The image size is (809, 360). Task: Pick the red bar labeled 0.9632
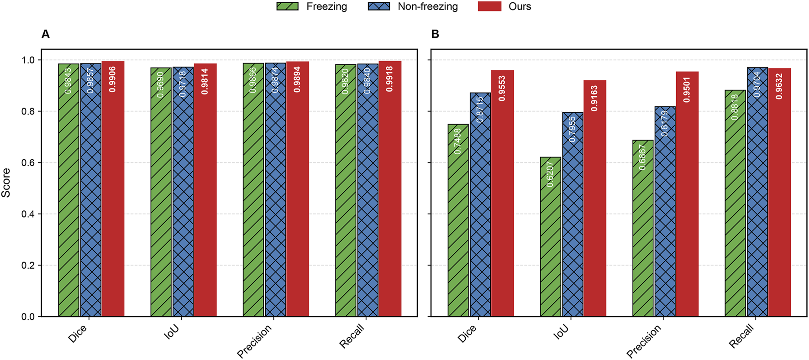tap(780, 192)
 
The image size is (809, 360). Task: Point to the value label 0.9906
tap(113, 79)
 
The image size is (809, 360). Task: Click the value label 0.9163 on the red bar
tap(594, 98)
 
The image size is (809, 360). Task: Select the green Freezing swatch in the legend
tap(288, 6)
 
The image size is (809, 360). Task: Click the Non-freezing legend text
tap(428, 6)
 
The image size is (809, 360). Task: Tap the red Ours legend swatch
tap(489, 6)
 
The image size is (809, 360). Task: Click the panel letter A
tap(45, 34)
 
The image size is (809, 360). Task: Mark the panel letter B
tap(435, 34)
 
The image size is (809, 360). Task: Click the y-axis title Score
tap(6, 183)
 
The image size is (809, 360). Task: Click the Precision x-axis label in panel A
tap(255, 341)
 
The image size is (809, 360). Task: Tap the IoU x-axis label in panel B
tap(561, 332)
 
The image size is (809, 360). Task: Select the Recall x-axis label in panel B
tap(742, 336)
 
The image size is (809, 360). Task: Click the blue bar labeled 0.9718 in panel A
tap(183, 192)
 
